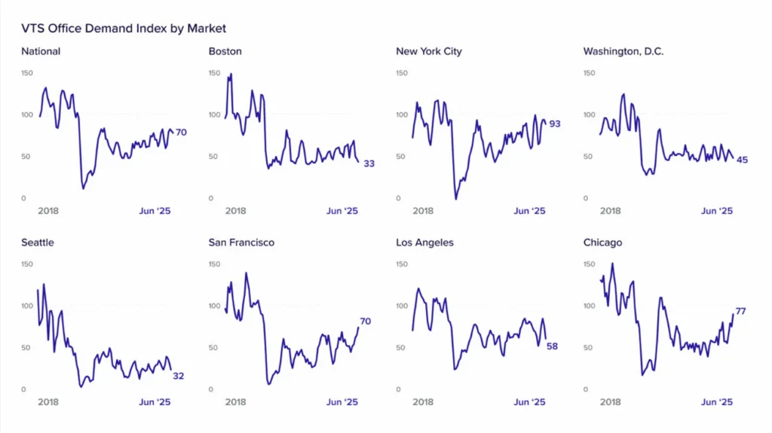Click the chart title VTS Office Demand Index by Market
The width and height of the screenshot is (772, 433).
click(x=124, y=29)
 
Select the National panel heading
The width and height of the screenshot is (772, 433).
click(x=41, y=52)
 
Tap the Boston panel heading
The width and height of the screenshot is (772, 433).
click(x=224, y=52)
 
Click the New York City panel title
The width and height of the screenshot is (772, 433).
click(x=428, y=52)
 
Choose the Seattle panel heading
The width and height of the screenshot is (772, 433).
click(x=38, y=242)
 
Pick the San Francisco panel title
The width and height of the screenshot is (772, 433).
click(x=241, y=242)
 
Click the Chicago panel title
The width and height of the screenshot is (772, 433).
click(x=602, y=242)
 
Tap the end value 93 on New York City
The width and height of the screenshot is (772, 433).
click(x=554, y=123)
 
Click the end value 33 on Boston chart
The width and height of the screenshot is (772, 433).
click(x=369, y=163)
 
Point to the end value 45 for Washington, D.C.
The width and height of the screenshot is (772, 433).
click(x=742, y=160)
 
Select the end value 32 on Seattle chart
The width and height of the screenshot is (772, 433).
click(x=179, y=376)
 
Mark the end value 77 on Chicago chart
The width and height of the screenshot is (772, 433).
click(x=740, y=311)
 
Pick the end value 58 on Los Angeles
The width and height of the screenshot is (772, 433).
click(x=553, y=346)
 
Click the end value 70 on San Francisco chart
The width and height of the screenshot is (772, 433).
click(x=365, y=322)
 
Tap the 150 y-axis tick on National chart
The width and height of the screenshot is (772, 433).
click(x=27, y=73)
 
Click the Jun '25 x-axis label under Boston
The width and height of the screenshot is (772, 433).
click(x=342, y=212)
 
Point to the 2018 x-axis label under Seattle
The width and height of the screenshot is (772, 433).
click(x=48, y=402)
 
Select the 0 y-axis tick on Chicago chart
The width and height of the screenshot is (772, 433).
click(x=586, y=389)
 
